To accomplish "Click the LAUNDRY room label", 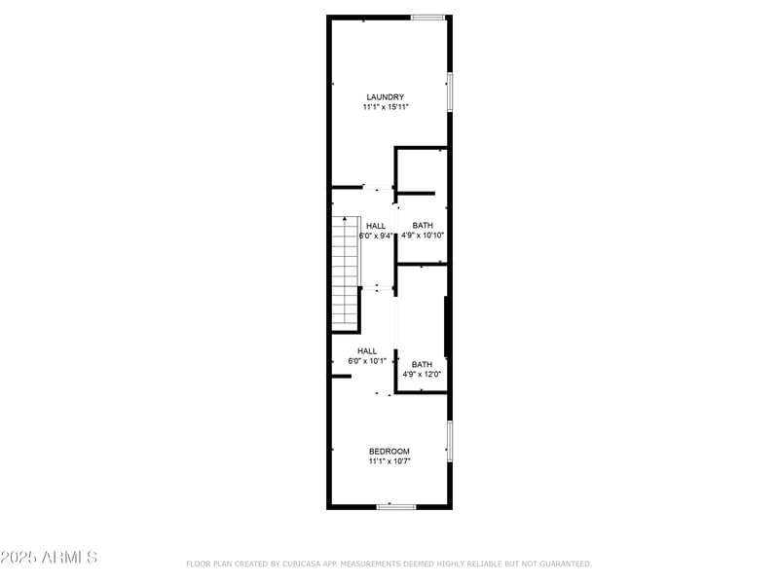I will pyautogui.click(x=386, y=96).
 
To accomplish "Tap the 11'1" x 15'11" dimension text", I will pyautogui.click(x=386, y=107).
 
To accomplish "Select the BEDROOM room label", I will pyautogui.click(x=389, y=451).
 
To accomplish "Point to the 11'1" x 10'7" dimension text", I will pyautogui.click(x=389, y=461).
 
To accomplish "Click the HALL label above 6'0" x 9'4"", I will pyautogui.click(x=376, y=226).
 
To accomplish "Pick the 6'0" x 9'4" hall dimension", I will pyautogui.click(x=376, y=236).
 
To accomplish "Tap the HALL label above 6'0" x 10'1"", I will pyautogui.click(x=367, y=351).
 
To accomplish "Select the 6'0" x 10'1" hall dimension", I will pyautogui.click(x=367, y=361).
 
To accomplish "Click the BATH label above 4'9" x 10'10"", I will pyautogui.click(x=423, y=226).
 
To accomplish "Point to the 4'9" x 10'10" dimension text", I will pyautogui.click(x=423, y=236).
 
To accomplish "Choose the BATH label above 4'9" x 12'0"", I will pyautogui.click(x=422, y=365).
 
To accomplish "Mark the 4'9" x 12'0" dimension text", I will pyautogui.click(x=422, y=375).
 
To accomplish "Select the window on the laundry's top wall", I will pyautogui.click(x=427, y=18).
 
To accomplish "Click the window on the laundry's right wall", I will pyautogui.click(x=449, y=91).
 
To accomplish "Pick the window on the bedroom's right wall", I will pyautogui.click(x=449, y=441).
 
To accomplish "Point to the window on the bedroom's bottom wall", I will pyautogui.click(x=396, y=506).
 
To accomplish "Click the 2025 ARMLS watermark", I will pyautogui.click(x=49, y=558).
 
